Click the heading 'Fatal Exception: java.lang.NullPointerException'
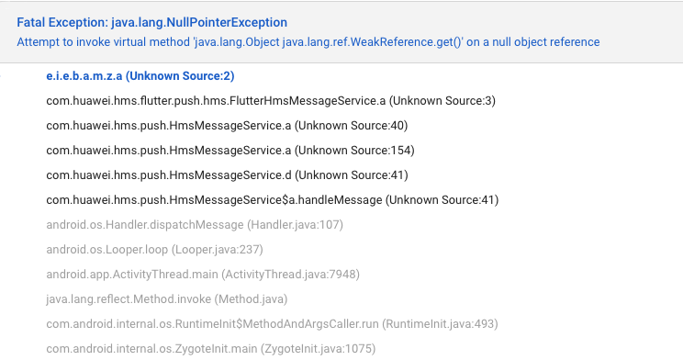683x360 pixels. coord(151,21)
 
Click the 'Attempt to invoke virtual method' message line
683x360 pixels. coord(308,42)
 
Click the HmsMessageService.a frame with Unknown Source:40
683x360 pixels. coord(227,125)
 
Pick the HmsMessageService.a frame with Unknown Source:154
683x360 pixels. coord(230,150)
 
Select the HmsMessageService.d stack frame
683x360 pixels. coord(227,174)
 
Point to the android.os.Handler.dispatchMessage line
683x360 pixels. coord(147,224)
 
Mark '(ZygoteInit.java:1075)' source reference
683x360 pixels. coord(318,348)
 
